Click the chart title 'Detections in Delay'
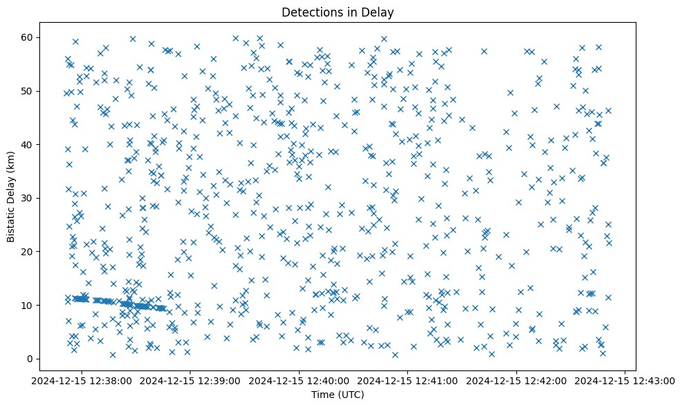click(x=338, y=12)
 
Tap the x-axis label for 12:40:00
click(x=298, y=380)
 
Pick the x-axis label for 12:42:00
click(x=516, y=380)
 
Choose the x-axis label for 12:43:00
click(x=625, y=380)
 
